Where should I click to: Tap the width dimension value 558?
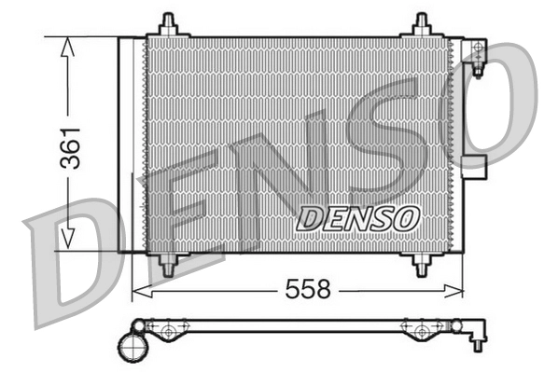click(x=308, y=290)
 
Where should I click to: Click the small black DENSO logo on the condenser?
click(x=357, y=219)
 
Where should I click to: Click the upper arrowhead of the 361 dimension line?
click(x=65, y=47)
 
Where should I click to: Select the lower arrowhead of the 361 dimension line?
click(x=65, y=241)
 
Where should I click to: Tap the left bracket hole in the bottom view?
click(x=167, y=330)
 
